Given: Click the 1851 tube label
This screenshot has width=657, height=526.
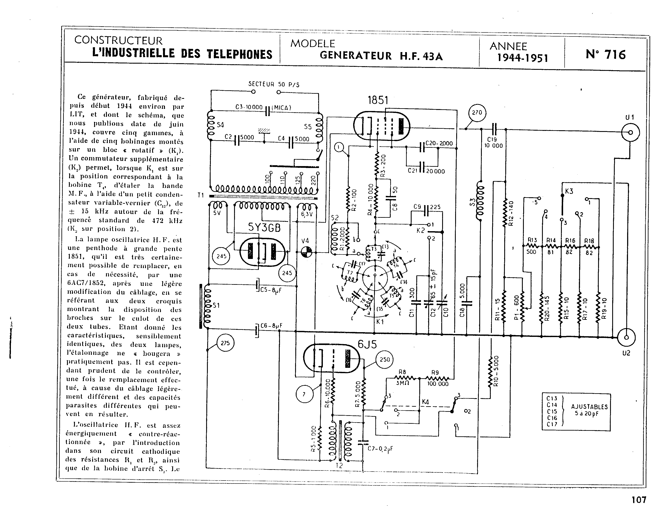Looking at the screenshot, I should point(378,100).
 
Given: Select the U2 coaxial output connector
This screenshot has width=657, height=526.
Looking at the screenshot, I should point(626,338).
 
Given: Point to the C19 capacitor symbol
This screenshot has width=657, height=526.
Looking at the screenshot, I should point(494,129).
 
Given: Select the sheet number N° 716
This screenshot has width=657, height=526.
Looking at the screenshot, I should point(606,55).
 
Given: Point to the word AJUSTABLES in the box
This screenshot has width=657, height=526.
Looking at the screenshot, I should point(589,407).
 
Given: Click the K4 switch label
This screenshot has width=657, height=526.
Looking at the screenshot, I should point(425,402).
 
